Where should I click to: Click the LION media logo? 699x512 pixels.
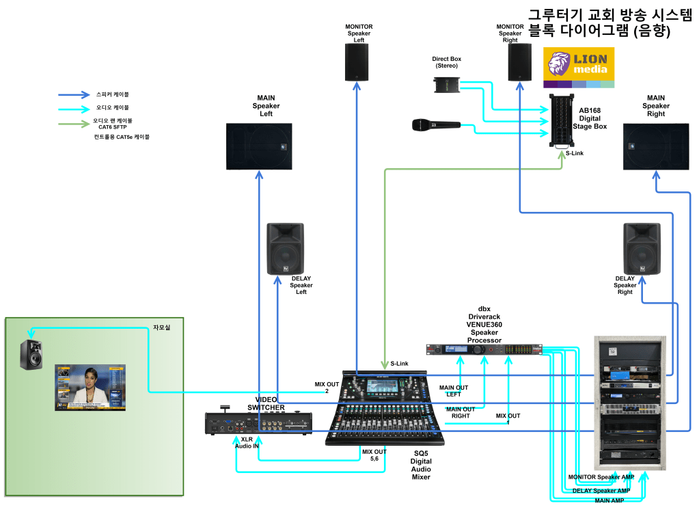click(x=579, y=67)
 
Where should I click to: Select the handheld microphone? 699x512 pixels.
click(x=435, y=125)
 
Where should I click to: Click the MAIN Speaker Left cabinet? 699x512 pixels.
click(x=259, y=146)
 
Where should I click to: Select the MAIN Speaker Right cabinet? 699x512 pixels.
click(x=655, y=146)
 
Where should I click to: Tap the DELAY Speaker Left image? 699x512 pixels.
click(x=286, y=249)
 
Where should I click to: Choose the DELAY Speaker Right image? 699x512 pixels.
click(x=642, y=249)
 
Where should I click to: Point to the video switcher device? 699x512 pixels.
click(x=260, y=423)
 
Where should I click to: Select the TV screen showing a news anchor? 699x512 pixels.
click(x=91, y=388)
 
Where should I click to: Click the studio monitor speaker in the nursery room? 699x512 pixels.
click(x=31, y=355)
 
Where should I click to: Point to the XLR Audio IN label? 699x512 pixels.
click(x=247, y=442)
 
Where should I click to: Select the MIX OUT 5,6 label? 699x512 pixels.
click(x=374, y=455)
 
